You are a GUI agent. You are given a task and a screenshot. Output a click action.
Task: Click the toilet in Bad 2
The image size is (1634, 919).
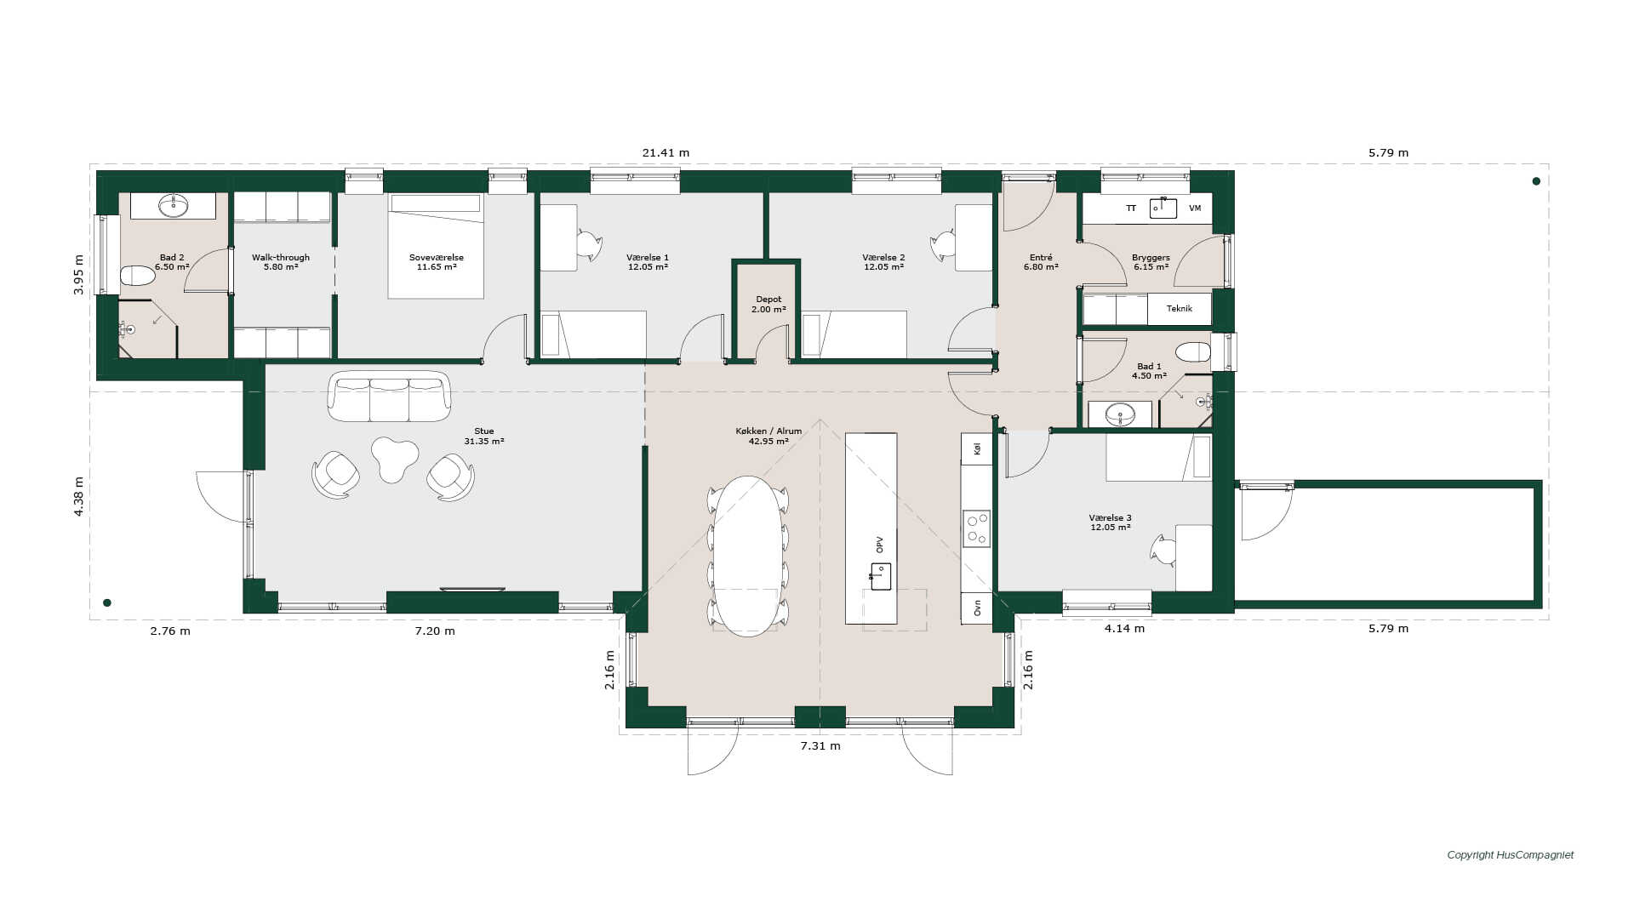tap(137, 276)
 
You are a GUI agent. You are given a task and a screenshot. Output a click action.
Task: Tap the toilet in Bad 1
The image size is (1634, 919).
tap(1193, 352)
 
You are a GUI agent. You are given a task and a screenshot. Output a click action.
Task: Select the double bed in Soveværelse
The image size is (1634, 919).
tap(436, 246)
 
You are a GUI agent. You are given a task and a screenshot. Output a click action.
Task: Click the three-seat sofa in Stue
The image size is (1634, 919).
tap(390, 396)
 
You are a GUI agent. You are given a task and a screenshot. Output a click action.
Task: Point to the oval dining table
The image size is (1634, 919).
tap(748, 556)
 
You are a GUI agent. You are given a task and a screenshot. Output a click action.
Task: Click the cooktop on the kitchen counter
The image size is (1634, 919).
tap(976, 528)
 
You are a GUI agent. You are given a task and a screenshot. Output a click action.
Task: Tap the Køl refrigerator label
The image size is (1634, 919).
tap(977, 448)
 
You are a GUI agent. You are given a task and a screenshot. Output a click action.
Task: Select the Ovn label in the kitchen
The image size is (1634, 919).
tap(977, 608)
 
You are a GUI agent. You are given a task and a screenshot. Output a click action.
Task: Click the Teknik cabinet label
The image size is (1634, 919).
tap(1180, 309)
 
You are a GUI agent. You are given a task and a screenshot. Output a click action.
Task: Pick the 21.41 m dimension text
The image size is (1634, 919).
tap(666, 153)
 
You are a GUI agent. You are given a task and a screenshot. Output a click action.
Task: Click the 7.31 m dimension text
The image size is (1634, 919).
tap(820, 745)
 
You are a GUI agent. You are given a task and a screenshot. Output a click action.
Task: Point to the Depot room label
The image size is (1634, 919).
tap(768, 300)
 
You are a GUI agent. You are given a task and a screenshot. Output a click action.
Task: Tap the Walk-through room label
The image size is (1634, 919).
tap(281, 258)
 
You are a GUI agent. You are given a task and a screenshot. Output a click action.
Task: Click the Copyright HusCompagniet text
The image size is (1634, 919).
tap(1511, 855)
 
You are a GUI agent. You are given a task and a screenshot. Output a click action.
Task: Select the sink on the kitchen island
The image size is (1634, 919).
tap(880, 576)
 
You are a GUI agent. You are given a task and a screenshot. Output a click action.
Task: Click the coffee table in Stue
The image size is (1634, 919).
tap(394, 459)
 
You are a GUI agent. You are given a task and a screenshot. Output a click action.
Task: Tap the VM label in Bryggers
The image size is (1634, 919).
tap(1195, 208)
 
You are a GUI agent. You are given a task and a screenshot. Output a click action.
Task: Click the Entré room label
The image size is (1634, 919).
tap(1041, 258)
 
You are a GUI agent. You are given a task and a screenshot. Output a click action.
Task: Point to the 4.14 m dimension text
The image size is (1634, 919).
tap(1124, 629)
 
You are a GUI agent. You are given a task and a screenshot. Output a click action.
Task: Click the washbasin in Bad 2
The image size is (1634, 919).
tap(174, 205)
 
